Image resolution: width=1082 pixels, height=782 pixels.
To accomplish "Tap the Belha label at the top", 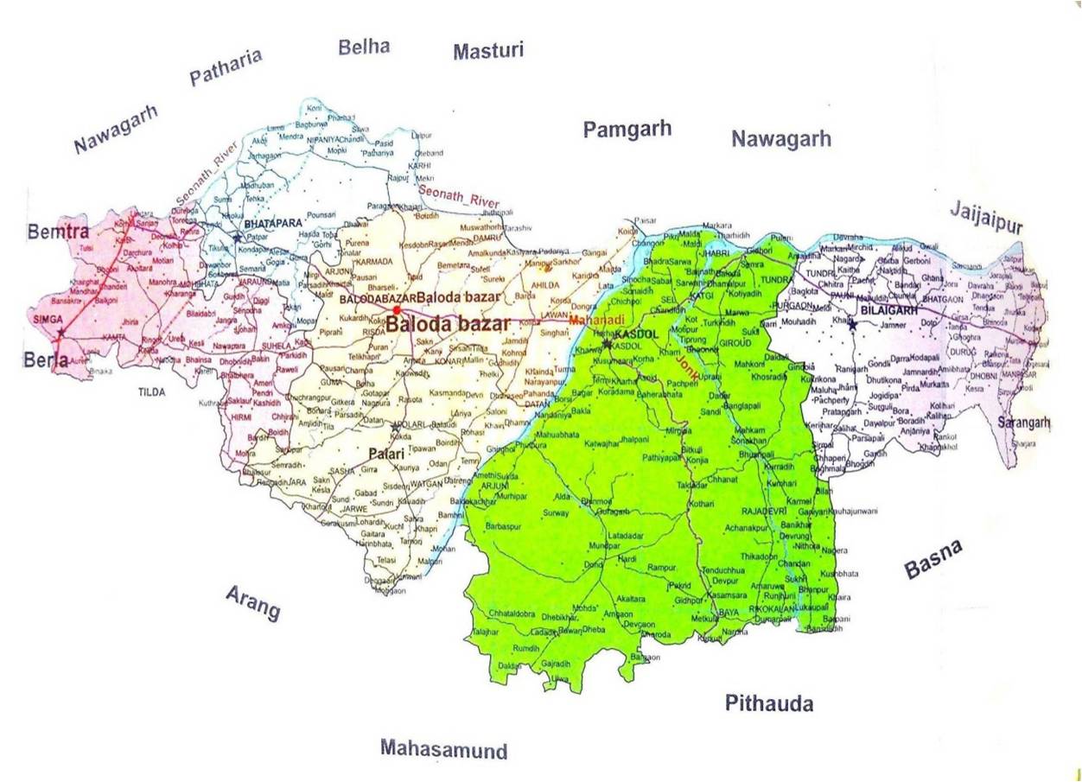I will coord(364,47).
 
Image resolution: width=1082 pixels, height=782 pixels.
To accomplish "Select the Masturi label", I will coord(488,52).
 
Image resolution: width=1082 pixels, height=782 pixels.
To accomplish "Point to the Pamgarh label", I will coord(627,130).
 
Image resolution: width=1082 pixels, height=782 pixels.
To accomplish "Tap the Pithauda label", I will coord(768,703).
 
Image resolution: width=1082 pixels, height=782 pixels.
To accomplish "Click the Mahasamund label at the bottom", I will coord(444,748).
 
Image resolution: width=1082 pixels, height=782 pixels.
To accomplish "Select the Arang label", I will coord(253,602).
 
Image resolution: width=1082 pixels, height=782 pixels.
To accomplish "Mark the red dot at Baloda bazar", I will coord(396,309).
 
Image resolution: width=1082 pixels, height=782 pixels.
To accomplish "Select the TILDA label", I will coord(151,391).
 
